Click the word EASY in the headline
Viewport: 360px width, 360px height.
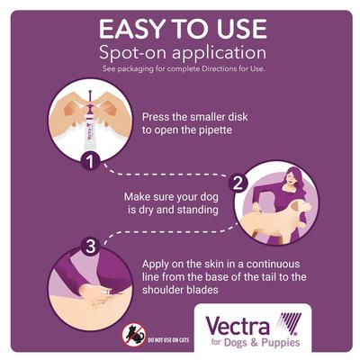click(126, 26)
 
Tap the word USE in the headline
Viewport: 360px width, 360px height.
click(230, 26)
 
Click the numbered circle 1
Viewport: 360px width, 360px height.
click(114, 162)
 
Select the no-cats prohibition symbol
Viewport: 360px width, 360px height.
click(132, 335)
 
